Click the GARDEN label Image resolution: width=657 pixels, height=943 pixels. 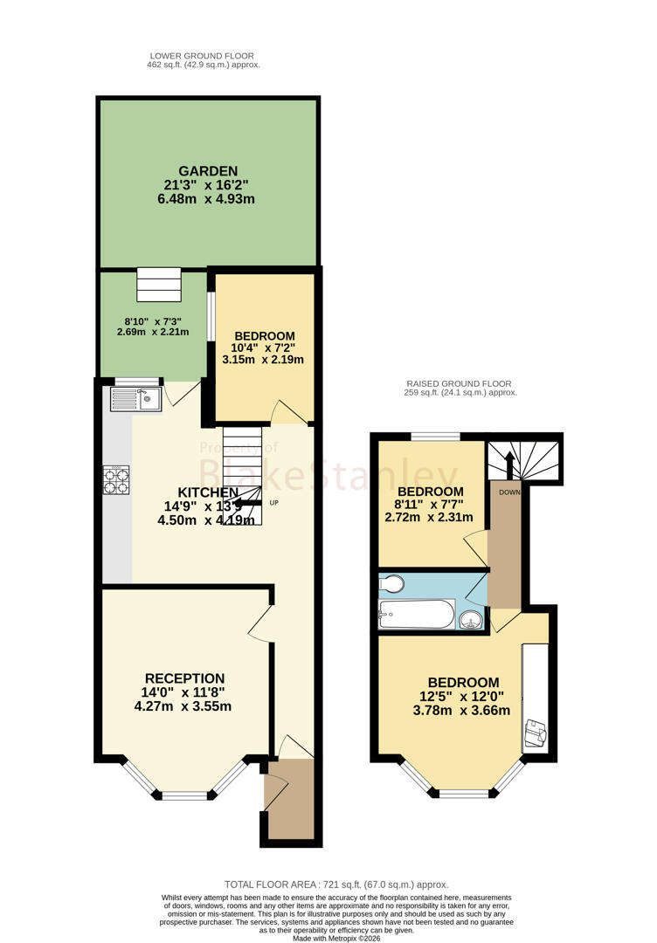[x=208, y=171]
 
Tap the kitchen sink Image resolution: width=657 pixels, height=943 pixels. [x=136, y=399]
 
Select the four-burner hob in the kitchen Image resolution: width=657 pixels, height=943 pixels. [x=116, y=480]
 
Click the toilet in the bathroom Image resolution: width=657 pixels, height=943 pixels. [x=391, y=583]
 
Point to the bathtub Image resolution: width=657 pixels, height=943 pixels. [x=416, y=614]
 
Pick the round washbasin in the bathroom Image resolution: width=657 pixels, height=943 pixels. [x=472, y=619]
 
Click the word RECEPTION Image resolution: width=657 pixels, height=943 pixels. [x=184, y=678]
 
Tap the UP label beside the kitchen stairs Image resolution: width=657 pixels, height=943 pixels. [x=273, y=503]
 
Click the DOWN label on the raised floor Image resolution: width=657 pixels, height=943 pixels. [x=509, y=492]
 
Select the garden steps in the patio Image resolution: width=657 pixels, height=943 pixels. [x=159, y=285]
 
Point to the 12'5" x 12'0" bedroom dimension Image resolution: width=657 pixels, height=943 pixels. [x=461, y=697]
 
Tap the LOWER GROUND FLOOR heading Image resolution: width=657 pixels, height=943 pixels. [x=202, y=56]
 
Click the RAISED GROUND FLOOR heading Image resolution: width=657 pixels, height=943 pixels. [x=459, y=383]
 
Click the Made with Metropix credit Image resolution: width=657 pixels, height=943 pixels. [x=336, y=938]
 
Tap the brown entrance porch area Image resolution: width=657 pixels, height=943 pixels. [x=289, y=799]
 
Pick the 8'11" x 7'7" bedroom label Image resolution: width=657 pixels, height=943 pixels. [x=429, y=504]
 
